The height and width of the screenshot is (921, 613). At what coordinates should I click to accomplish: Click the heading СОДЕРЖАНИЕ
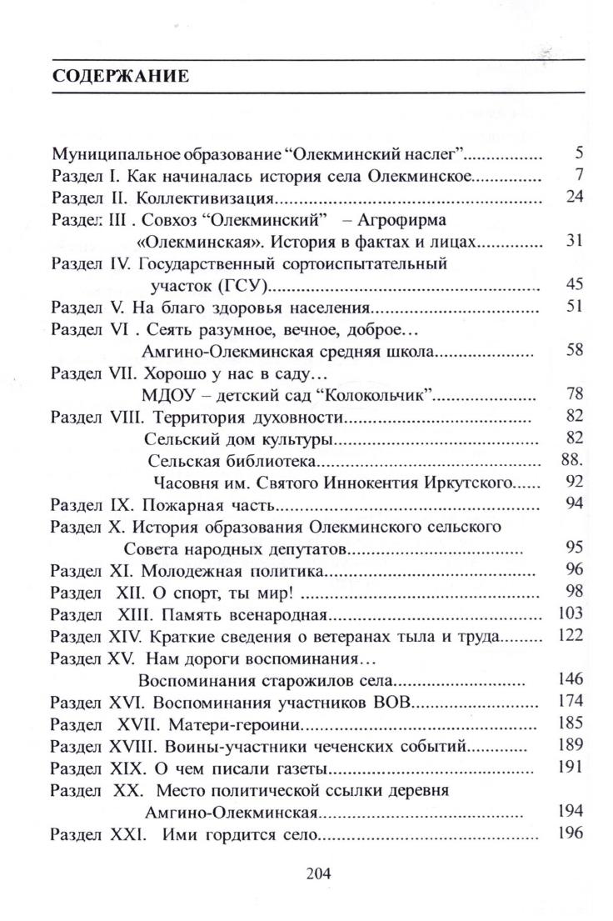point(122,78)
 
